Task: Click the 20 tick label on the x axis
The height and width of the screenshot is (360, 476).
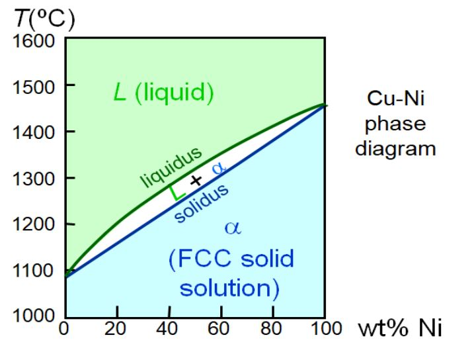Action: click(x=117, y=329)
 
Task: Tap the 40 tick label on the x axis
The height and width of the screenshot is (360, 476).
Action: click(x=169, y=329)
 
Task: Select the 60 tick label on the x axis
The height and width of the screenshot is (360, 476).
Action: click(x=221, y=329)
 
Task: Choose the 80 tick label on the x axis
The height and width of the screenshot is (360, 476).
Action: click(x=272, y=329)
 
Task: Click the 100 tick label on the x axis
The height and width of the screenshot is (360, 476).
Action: click(x=323, y=329)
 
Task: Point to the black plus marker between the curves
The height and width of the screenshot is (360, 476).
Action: click(x=195, y=181)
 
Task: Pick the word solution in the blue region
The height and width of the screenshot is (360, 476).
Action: click(x=229, y=289)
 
